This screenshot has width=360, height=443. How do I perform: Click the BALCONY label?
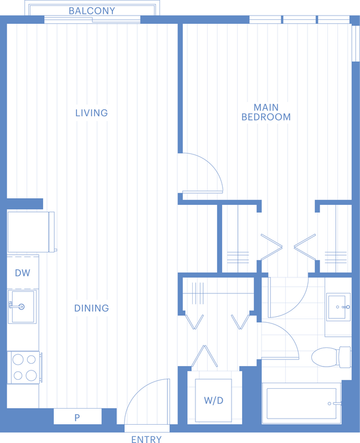click(92, 11)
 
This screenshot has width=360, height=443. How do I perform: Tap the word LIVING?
click(91, 113)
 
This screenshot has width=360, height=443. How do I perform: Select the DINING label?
click(91, 308)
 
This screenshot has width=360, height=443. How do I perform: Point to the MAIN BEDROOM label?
click(266, 112)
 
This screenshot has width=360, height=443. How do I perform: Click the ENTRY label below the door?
click(146, 439)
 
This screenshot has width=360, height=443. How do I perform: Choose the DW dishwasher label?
click(22, 273)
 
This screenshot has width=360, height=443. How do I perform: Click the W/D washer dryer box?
click(213, 400)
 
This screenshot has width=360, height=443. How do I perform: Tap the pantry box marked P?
click(78, 416)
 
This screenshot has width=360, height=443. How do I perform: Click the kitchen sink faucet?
click(17, 306)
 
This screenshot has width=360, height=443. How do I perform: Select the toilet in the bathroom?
click(331, 357)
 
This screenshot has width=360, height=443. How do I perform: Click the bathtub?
click(301, 404)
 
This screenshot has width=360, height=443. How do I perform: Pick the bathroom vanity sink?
click(338, 307)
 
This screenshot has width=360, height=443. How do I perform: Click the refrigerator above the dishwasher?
click(31, 231)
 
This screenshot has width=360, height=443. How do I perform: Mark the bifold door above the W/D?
click(204, 356)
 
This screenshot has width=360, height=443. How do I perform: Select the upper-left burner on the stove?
click(18, 359)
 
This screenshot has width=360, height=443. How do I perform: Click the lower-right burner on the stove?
click(31, 375)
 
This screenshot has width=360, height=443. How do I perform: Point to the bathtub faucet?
click(336, 404)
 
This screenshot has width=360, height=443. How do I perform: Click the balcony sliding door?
click(92, 20)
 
